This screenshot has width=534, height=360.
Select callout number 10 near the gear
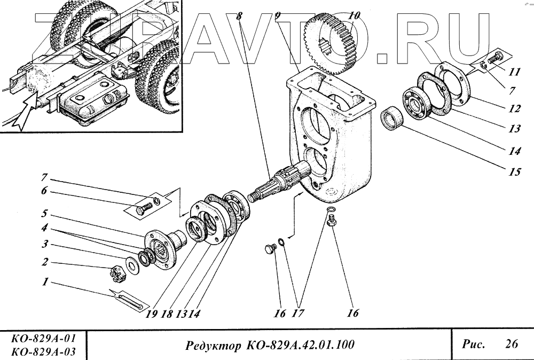click(354, 16)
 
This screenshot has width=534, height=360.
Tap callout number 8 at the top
click(240, 16)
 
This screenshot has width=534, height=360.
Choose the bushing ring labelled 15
click(394, 119)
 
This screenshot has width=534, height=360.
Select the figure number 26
click(511, 344)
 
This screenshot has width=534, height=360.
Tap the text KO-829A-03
click(43, 351)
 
